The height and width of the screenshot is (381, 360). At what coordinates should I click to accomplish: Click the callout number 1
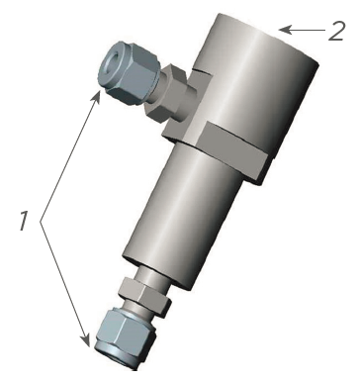(x=24, y=221)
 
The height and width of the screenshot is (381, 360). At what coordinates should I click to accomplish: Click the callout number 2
(x=336, y=31)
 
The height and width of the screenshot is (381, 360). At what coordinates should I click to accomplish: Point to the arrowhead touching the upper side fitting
(x=96, y=96)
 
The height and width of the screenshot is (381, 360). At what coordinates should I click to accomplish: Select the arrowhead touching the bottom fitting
(x=85, y=339)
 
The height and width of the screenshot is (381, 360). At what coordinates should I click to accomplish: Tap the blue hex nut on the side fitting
(x=128, y=71)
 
